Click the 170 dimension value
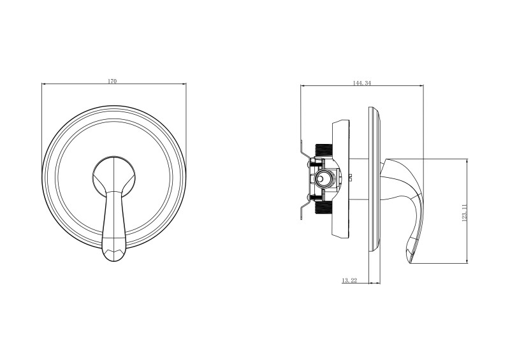pos(112,81)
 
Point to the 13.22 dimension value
pos(349,280)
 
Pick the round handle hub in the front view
pos(115,173)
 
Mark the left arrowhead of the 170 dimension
pos(43,85)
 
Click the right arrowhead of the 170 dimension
pos(184,85)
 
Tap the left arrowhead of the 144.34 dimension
pos(302,87)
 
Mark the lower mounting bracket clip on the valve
pos(304,210)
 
